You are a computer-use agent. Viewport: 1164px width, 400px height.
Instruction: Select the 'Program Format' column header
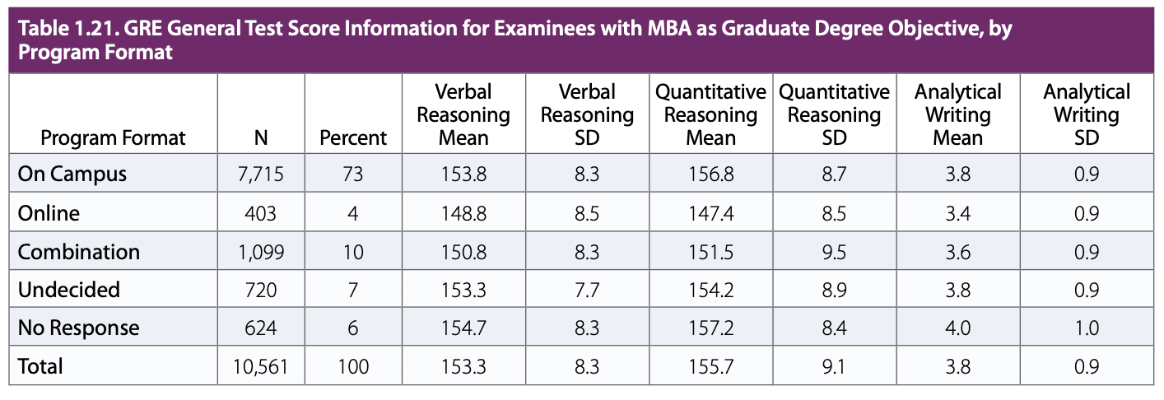click(x=114, y=137)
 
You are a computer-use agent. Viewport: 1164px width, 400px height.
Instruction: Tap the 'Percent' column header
click(x=353, y=137)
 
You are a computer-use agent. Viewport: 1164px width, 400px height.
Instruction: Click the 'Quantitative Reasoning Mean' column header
click(x=710, y=114)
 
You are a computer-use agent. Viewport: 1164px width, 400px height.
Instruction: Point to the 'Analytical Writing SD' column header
click(x=1087, y=114)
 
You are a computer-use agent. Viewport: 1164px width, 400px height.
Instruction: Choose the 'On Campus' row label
click(x=72, y=175)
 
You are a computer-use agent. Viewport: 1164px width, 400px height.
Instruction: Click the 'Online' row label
click(x=49, y=213)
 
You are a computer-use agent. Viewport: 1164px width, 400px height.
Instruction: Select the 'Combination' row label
click(x=79, y=252)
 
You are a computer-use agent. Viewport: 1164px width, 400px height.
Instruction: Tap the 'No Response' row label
click(x=78, y=328)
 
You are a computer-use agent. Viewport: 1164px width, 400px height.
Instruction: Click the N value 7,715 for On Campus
click(x=261, y=175)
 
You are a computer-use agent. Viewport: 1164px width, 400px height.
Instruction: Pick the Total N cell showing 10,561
click(x=261, y=366)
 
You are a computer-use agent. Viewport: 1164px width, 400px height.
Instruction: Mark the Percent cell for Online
click(x=353, y=213)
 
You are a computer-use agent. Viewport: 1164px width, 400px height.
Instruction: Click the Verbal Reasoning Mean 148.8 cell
click(x=463, y=213)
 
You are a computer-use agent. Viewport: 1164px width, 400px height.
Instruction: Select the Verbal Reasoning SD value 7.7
click(x=586, y=290)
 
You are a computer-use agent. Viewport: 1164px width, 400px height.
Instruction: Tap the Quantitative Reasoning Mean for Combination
click(x=710, y=252)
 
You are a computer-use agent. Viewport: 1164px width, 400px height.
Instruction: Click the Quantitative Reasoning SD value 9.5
click(x=834, y=252)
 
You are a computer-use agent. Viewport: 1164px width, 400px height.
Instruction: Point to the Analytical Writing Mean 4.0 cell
click(x=957, y=328)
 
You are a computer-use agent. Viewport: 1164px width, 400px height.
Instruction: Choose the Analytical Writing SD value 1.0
click(x=1087, y=328)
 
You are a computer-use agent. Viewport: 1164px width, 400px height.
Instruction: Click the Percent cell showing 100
click(x=353, y=366)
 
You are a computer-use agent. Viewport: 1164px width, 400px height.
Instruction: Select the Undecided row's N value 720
click(x=261, y=290)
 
